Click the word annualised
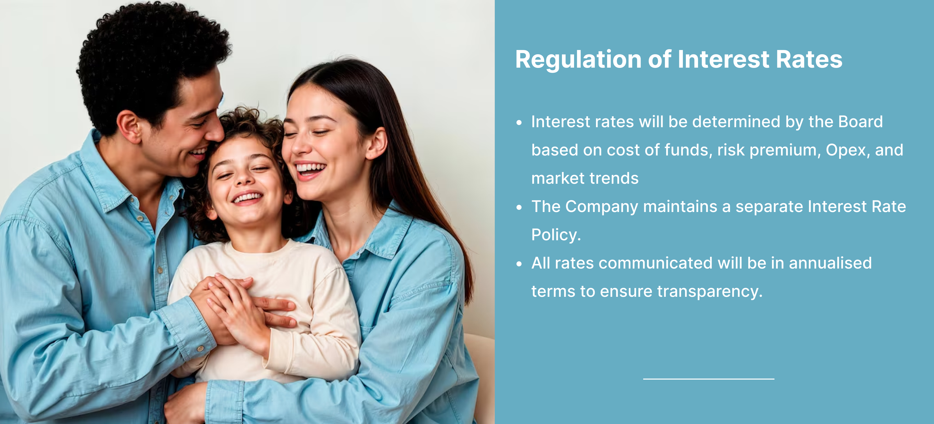point(830,263)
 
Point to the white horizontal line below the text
point(709,379)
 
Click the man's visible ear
point(129,127)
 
